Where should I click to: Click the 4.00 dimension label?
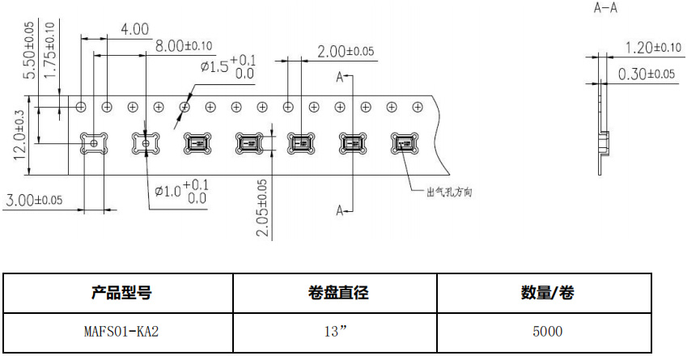coord(134,29)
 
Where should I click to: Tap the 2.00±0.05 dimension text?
coord(346,51)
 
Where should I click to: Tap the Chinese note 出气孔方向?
coord(448,193)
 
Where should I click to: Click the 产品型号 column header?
coord(121,293)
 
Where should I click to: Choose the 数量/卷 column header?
coord(548,293)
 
